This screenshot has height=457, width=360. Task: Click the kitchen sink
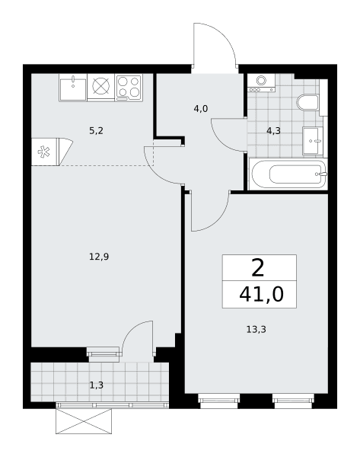[73, 88]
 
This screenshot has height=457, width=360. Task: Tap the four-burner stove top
[129, 88]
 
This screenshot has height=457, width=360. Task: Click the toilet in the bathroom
[308, 102]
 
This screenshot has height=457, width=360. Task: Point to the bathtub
[288, 174]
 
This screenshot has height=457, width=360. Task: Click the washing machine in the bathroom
[261, 83]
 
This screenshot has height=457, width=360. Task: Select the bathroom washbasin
[313, 141]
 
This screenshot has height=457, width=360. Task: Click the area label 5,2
[96, 131]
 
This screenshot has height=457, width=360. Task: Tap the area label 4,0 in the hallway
[201, 109]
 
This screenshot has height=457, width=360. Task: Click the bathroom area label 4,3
[273, 131]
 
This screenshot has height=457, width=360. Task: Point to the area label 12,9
[99, 257]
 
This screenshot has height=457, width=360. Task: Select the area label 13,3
[256, 330]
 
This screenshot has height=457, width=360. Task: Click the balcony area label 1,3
[97, 385]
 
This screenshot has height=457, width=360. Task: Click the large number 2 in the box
[258, 268]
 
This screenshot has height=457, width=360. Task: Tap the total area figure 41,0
[261, 294]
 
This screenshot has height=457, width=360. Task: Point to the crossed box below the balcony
[84, 421]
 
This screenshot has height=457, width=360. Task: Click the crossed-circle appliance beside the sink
[101, 85]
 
